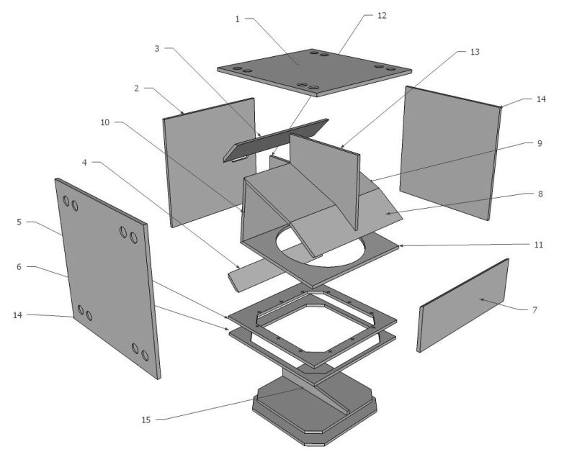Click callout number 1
[x=237, y=19]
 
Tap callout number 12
[x=382, y=15]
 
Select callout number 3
[x=157, y=48]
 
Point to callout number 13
[x=475, y=52]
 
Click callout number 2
[x=137, y=89]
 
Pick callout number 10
[x=105, y=122]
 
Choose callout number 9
[x=540, y=143]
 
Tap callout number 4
[x=84, y=163]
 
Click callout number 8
[x=540, y=194]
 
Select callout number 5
[x=19, y=222]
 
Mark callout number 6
[x=19, y=267]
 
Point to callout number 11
[x=539, y=245]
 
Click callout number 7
[x=534, y=310]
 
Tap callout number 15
[x=146, y=420]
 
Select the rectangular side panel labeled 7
[x=463, y=305]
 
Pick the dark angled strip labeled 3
[x=275, y=140]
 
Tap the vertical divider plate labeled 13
[x=324, y=180]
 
